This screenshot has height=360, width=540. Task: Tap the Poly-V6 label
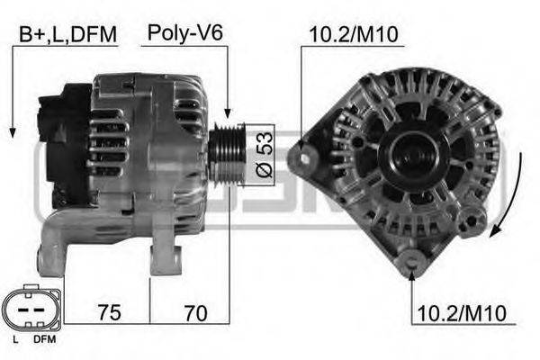pyautogui.click(x=185, y=34)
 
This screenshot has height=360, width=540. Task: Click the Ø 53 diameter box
pyautogui.click(x=262, y=154)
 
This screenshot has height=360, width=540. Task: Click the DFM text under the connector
pyautogui.click(x=42, y=340)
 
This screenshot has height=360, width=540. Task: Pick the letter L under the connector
pyautogui.click(x=15, y=340)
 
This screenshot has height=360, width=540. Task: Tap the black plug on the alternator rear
pyautogui.click(x=65, y=144)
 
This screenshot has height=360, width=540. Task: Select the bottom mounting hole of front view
pyautogui.click(x=412, y=262)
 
